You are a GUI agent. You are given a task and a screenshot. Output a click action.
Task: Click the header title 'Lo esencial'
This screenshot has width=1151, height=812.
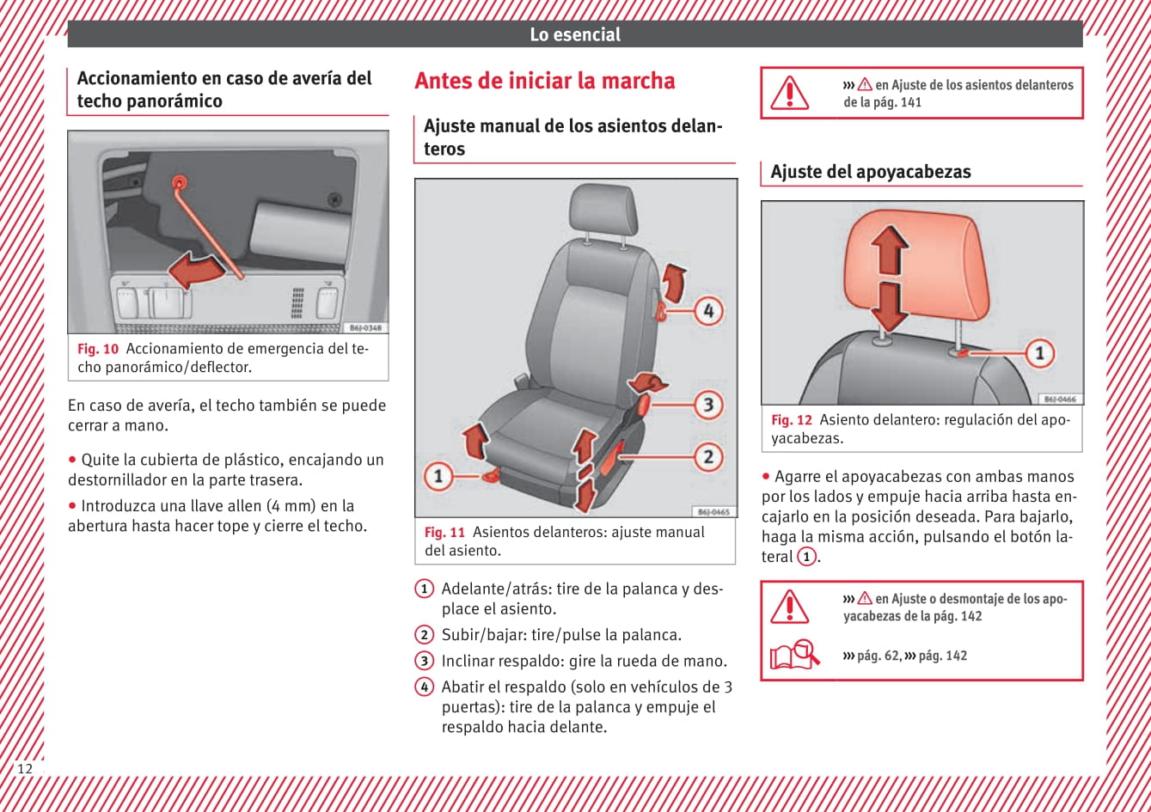click(x=574, y=34)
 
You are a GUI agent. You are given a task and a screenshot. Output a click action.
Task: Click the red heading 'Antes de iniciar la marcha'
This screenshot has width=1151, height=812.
click(x=544, y=81)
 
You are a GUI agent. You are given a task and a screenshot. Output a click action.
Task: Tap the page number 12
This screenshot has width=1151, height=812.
click(x=24, y=768)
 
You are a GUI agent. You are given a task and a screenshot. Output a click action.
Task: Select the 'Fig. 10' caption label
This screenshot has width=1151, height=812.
click(x=97, y=349)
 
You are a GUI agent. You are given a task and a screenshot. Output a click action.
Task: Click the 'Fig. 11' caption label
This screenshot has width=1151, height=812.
click(x=444, y=532)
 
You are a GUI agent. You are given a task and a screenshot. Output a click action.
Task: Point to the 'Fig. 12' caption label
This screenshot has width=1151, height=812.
click(x=791, y=420)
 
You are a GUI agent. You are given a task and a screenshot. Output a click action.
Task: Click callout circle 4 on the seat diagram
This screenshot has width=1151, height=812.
click(x=707, y=310)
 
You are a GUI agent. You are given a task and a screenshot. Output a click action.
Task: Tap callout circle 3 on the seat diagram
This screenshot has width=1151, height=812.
click(x=707, y=405)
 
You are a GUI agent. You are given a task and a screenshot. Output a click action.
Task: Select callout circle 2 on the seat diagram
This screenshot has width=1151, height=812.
click(x=707, y=457)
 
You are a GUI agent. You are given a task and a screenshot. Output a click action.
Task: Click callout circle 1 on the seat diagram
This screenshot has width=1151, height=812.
click(x=438, y=475)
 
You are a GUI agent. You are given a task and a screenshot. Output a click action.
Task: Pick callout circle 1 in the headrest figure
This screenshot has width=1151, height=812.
click(x=1039, y=352)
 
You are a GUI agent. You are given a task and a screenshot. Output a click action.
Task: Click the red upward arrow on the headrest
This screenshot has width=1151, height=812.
click(x=890, y=247)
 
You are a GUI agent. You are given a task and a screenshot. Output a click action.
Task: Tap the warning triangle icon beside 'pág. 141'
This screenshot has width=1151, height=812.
click(x=788, y=92)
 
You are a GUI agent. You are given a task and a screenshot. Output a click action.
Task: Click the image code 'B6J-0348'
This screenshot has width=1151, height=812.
click(x=367, y=327)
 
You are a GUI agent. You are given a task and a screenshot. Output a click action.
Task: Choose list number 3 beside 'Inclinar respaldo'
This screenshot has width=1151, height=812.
click(x=424, y=661)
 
